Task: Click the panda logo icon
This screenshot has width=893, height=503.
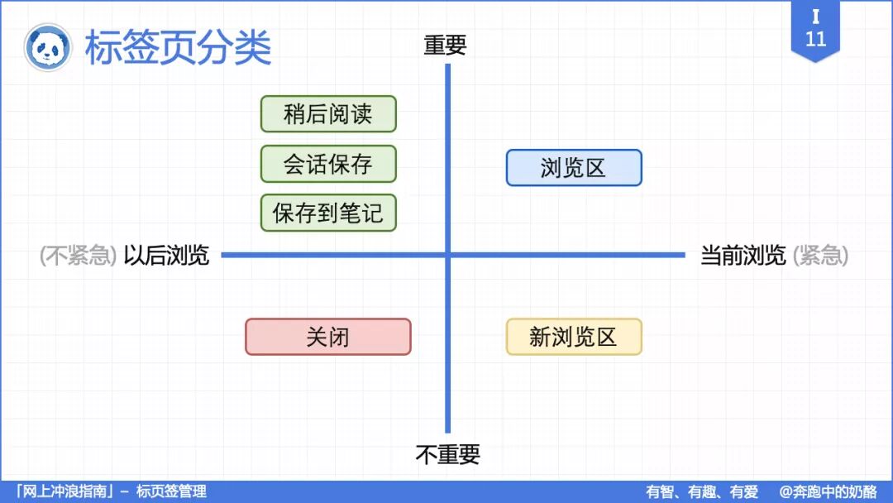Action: tap(47, 48)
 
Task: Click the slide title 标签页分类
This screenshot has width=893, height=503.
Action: tap(178, 48)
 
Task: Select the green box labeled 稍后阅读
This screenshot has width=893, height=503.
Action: tap(328, 114)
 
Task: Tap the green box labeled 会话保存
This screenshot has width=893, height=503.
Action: tap(328, 164)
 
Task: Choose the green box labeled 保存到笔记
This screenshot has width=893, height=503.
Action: tap(328, 213)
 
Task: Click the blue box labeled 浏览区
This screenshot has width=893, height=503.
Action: tap(574, 168)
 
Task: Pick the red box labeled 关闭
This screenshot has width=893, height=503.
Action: tap(328, 337)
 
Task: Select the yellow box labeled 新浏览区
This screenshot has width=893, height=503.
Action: tap(574, 337)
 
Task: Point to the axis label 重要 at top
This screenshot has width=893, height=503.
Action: tap(446, 46)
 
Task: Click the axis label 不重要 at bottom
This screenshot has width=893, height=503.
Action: tap(447, 454)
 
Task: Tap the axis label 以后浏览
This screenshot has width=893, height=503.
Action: tap(166, 256)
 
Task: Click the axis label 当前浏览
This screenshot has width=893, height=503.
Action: tap(743, 256)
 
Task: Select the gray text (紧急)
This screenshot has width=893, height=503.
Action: tap(820, 256)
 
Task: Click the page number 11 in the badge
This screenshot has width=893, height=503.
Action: tap(815, 39)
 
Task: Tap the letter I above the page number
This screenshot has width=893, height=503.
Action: tap(815, 17)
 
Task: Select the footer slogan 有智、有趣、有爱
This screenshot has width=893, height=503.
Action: tap(702, 491)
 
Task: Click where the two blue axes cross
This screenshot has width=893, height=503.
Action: tap(448, 255)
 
